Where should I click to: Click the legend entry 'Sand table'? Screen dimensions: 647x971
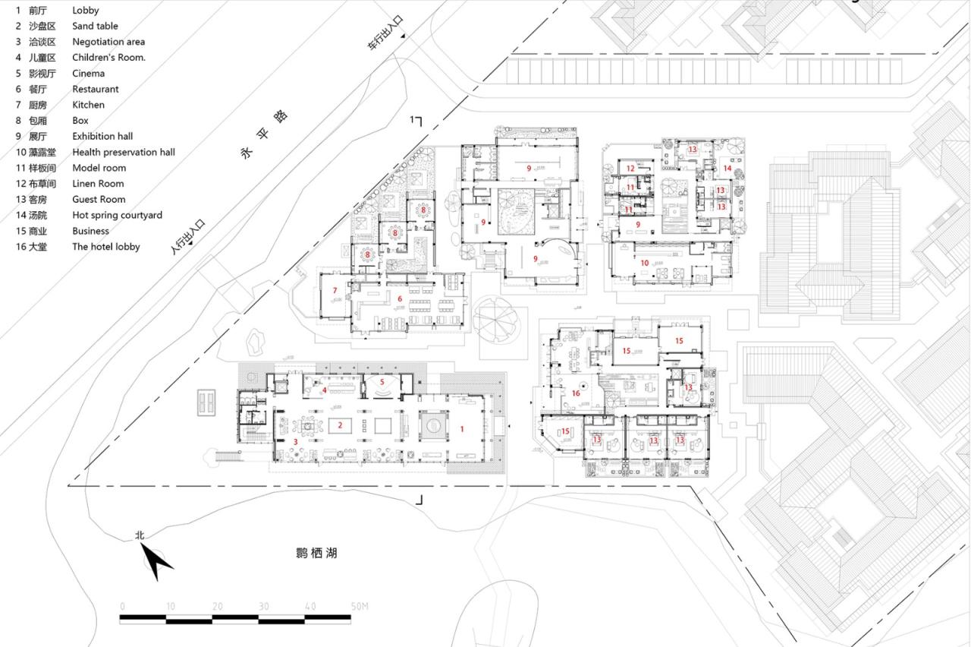click(95, 26)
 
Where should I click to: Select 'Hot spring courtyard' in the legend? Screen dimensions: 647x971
click(117, 215)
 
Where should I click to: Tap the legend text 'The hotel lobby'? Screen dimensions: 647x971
click(105, 247)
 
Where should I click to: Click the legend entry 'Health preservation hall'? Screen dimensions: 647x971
click(123, 152)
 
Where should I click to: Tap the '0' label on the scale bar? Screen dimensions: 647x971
click(122, 606)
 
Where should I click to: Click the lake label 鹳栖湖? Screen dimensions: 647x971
click(316, 554)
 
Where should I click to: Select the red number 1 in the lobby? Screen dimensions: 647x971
click(461, 429)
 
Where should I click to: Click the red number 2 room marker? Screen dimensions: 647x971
click(341, 425)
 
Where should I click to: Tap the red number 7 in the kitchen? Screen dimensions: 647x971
click(335, 290)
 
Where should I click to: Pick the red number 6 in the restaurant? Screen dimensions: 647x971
click(399, 298)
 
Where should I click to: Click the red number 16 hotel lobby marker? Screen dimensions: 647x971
click(576, 393)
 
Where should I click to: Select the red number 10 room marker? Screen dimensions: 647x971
click(645, 263)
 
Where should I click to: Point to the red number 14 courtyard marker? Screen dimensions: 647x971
click(727, 168)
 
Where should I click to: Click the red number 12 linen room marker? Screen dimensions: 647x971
click(630, 168)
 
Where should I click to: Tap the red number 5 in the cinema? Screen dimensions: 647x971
click(382, 382)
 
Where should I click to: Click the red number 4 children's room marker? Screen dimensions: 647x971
click(324, 390)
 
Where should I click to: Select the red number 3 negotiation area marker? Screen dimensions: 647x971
click(295, 441)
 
